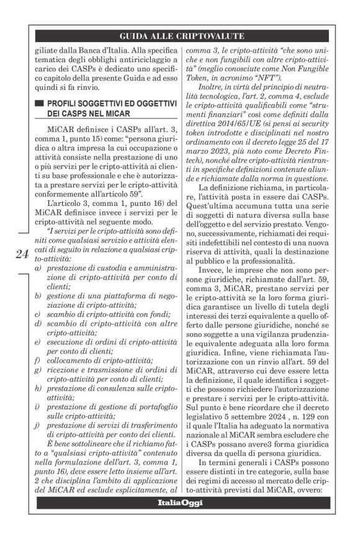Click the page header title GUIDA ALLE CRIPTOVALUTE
pyautogui.click(x=179, y=35)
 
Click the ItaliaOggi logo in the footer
pyautogui.click(x=179, y=501)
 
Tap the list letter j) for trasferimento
pyautogui.click(x=38, y=442)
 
